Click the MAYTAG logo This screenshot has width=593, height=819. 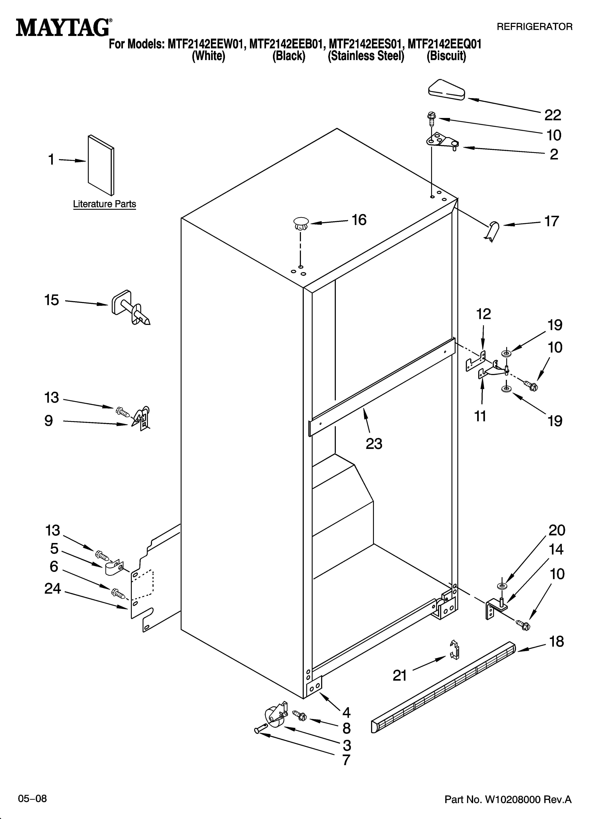[x=62, y=27]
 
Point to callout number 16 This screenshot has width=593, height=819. [x=359, y=220]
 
